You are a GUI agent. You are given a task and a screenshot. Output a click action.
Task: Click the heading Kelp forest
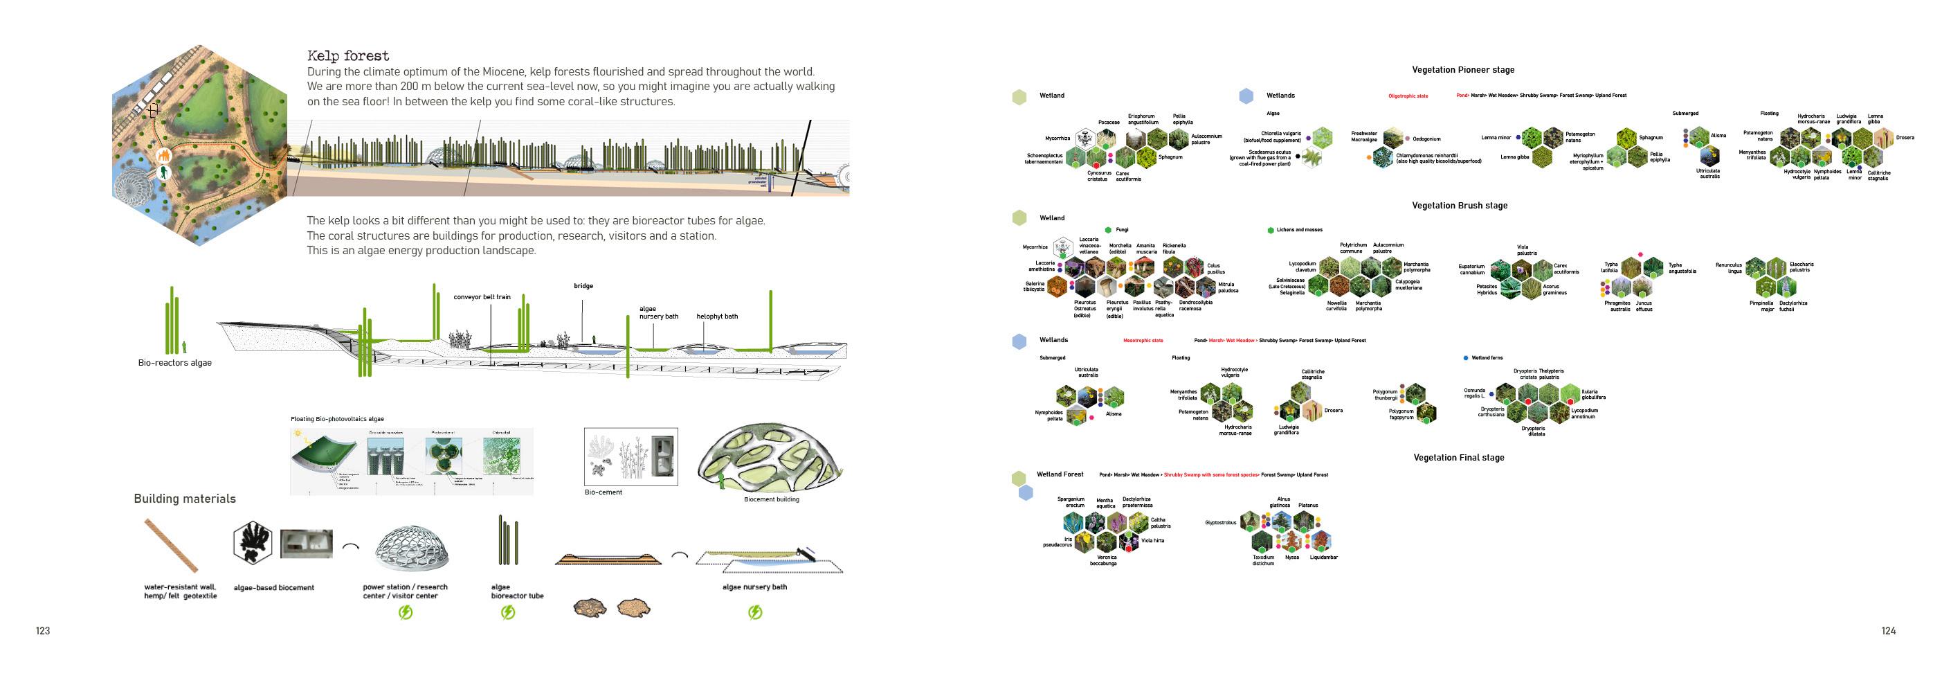(x=348, y=57)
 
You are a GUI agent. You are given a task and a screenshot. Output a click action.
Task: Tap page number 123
(x=43, y=631)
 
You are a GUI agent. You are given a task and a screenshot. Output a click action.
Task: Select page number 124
(x=1888, y=631)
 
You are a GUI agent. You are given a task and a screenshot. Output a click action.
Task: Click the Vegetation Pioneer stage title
(x=1462, y=70)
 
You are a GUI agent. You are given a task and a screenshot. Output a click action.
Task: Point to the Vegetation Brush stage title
(x=1460, y=206)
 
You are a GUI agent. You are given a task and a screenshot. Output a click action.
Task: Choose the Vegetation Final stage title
(x=1459, y=458)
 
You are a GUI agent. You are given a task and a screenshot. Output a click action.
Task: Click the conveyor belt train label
(x=482, y=297)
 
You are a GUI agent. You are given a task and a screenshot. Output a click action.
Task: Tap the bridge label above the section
(x=583, y=286)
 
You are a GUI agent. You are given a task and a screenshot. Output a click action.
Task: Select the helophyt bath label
(x=716, y=316)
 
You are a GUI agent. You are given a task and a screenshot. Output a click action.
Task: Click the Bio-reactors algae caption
(x=175, y=363)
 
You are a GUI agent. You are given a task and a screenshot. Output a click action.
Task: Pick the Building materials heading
(x=185, y=499)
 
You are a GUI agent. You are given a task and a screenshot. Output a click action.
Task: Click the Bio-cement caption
(x=603, y=492)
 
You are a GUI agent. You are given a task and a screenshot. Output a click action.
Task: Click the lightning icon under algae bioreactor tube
(x=508, y=612)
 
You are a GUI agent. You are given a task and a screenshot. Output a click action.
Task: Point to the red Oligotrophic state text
(x=1408, y=96)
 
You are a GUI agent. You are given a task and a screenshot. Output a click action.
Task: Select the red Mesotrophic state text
(x=1143, y=341)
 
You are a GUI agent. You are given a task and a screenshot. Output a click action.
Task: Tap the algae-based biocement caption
(x=273, y=587)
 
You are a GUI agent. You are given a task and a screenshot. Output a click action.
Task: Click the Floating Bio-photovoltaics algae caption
(x=337, y=419)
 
